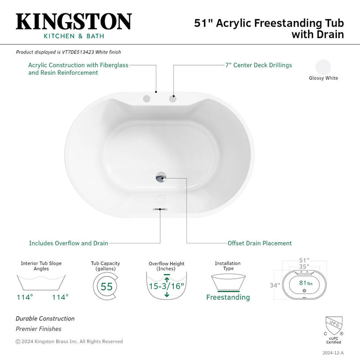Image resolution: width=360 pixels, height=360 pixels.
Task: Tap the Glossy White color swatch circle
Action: coord(323,67)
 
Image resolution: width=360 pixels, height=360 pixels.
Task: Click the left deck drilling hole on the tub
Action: coord(147,98)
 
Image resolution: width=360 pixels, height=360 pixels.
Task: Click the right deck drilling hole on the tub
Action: coord(173,98)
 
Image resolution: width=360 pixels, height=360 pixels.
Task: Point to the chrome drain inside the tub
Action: coord(161,177)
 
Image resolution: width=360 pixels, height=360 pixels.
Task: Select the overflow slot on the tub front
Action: coord(159,209)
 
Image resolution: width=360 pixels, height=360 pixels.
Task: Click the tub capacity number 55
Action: coord(106,286)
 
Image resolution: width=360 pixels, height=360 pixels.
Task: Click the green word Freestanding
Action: coord(228,297)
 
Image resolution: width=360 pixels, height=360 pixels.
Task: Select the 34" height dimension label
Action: coord(275,285)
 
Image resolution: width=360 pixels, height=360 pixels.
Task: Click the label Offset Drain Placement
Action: coord(259,243)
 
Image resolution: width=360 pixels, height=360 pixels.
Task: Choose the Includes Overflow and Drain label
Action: coord(68,243)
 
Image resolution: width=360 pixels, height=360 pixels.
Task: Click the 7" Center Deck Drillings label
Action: coord(258,65)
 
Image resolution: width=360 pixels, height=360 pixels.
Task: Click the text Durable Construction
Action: coord(45,318)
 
